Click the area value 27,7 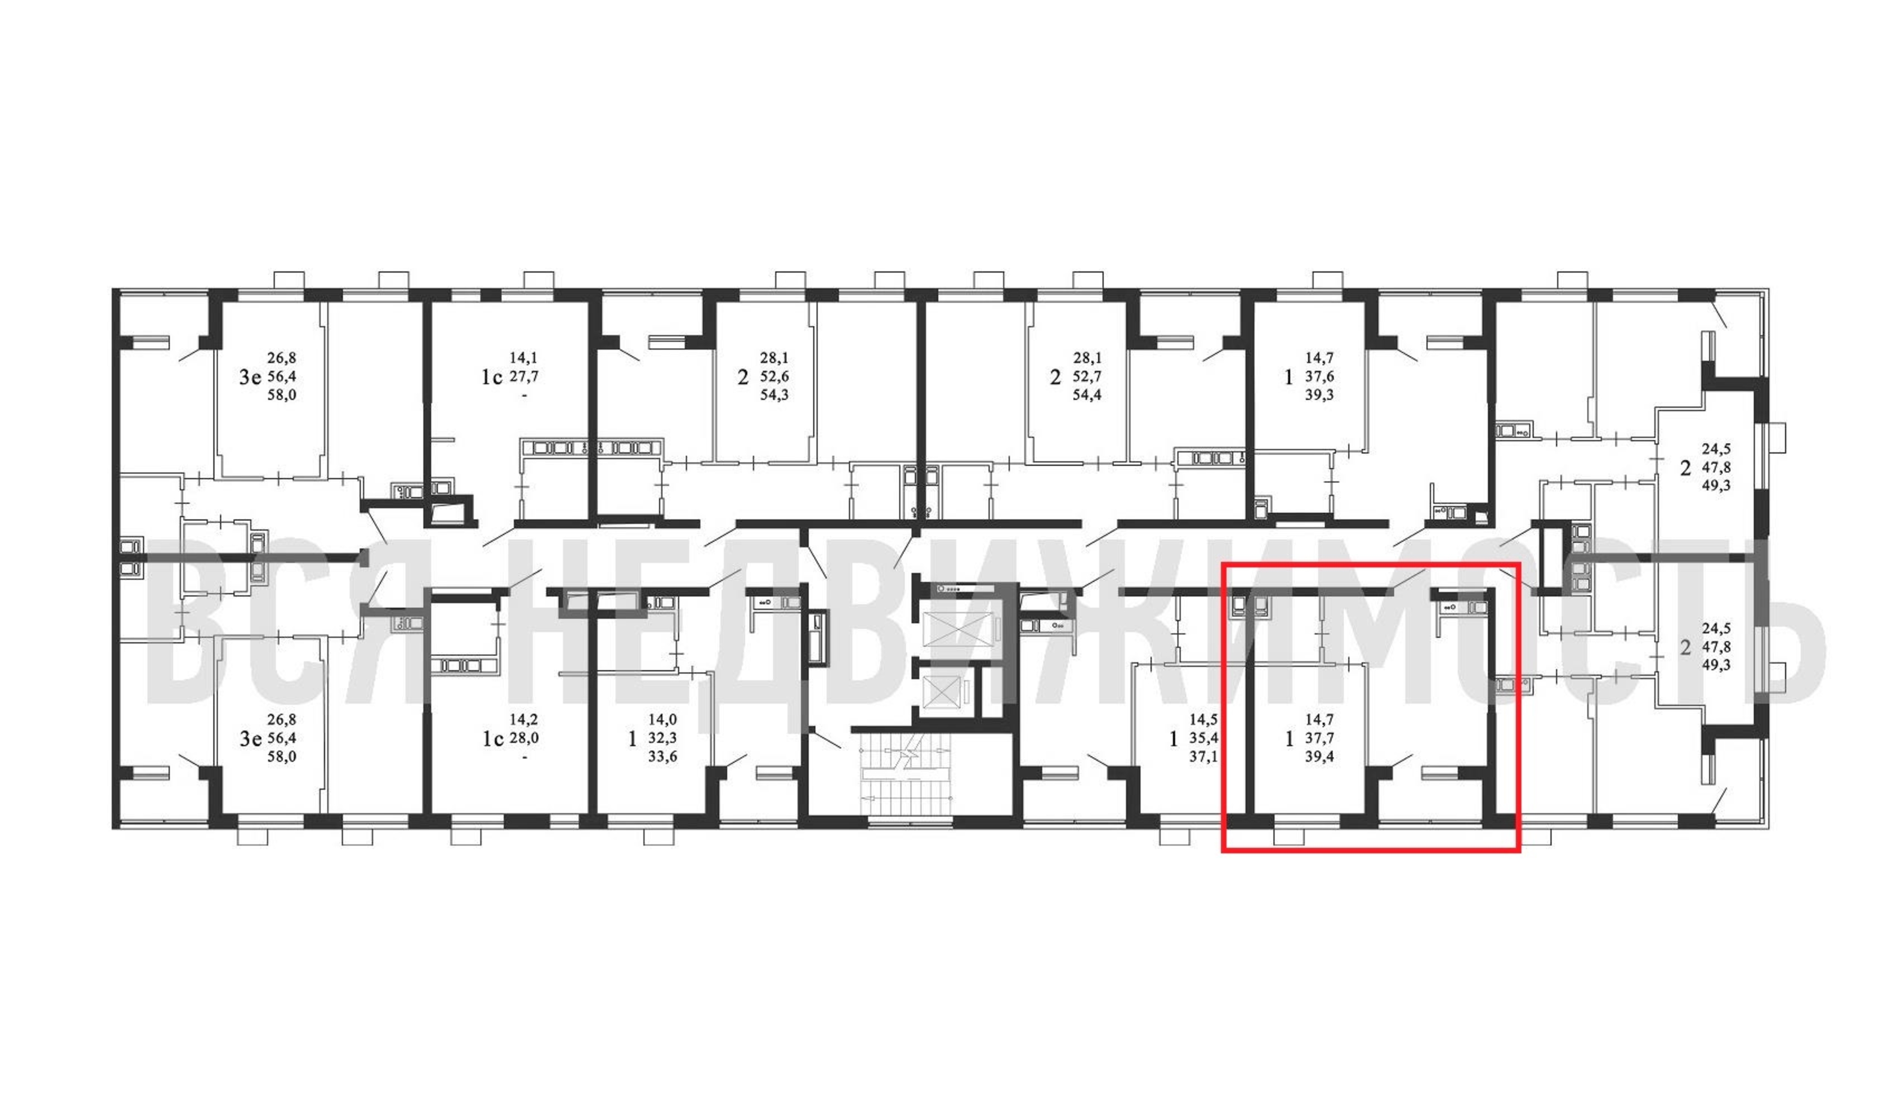[524, 377]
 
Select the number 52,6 [774, 377]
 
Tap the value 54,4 [1087, 395]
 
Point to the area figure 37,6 [1319, 377]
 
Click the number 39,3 [1319, 395]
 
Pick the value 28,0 [524, 739]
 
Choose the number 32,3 [662, 739]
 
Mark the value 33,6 [662, 757]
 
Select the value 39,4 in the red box [1319, 757]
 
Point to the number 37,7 [1319, 739]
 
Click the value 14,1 [524, 359]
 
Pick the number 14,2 [524, 720]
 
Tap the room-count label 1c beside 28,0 [493, 739]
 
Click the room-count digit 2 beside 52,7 [1055, 377]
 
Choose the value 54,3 [774, 395]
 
